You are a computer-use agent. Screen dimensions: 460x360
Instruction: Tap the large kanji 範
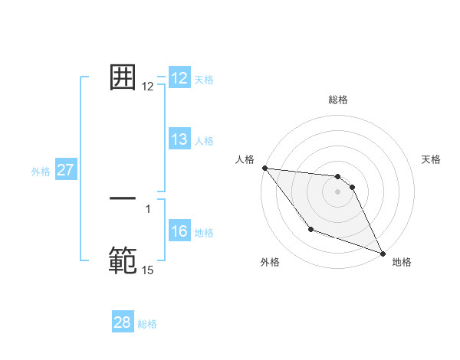coord(123,260)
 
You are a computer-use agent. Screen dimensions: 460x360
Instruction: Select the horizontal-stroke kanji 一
coord(123,198)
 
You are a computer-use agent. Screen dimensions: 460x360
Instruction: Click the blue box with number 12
coord(179,78)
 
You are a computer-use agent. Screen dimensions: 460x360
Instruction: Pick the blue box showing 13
coord(179,139)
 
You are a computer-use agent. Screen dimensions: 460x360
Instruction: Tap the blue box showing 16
coord(179,232)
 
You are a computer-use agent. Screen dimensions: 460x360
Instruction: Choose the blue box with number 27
coord(65,170)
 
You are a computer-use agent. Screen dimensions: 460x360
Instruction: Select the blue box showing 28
coord(123,322)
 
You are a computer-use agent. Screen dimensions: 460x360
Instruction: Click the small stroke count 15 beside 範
coord(147,270)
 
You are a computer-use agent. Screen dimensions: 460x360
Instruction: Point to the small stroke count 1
coord(148,208)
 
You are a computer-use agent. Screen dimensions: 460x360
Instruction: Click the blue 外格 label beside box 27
coord(41,172)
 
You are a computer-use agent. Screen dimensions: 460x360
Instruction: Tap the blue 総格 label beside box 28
coord(147,324)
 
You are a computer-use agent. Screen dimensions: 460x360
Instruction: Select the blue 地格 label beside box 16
coord(204,233)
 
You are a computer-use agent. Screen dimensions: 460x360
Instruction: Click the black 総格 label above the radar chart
coord(338,100)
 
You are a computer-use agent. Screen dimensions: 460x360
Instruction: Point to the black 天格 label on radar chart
coord(432,159)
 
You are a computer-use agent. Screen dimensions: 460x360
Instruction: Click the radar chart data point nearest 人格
coord(264,168)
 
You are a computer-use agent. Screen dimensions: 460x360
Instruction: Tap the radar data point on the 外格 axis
coord(310,229)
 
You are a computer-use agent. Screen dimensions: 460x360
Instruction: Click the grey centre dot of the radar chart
coord(338,191)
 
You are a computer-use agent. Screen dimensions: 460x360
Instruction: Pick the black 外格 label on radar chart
coord(270,262)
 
